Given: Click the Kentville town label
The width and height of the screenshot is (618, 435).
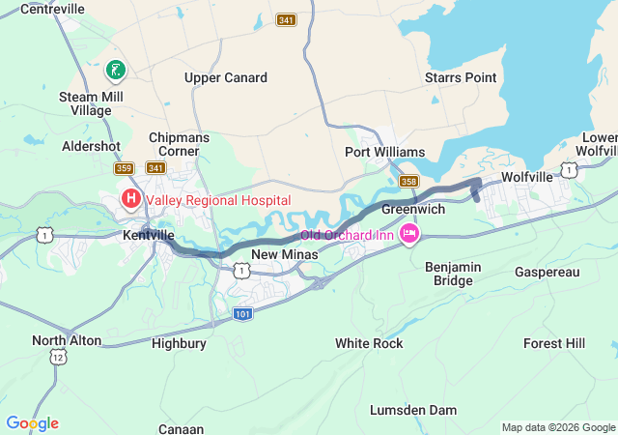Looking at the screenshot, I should (x=149, y=235).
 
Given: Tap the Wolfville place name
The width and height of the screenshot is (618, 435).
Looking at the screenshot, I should (x=527, y=177).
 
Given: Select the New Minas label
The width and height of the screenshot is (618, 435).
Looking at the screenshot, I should (x=278, y=254).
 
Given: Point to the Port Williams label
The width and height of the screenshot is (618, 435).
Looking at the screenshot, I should (x=384, y=153).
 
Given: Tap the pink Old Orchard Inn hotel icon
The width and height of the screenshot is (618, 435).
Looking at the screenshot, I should (x=410, y=233).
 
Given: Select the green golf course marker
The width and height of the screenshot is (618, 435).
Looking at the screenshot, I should (x=115, y=70).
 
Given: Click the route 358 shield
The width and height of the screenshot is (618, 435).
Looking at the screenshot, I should (x=408, y=181).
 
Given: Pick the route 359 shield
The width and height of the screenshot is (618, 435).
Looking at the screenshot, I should (x=124, y=168).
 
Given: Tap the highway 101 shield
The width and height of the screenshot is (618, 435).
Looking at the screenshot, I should (x=244, y=314).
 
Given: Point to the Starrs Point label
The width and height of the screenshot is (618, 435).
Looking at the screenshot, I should (x=461, y=77).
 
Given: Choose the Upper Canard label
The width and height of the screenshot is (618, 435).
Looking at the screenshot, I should (x=226, y=77).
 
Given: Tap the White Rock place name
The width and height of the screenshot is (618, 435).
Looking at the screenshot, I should (x=368, y=343).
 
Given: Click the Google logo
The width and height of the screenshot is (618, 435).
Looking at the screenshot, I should (x=32, y=423).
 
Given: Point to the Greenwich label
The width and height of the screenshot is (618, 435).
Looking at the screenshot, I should (x=412, y=209).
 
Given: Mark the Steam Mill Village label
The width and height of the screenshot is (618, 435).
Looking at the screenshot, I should (x=85, y=103).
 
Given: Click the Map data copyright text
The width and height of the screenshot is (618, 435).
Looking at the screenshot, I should (x=557, y=427).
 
